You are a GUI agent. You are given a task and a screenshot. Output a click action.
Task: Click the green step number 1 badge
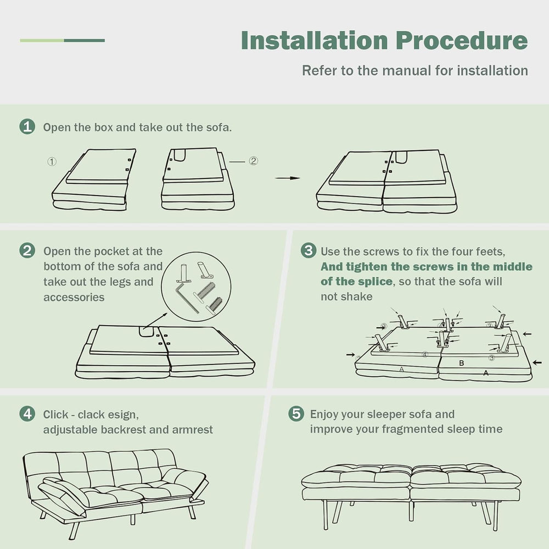tap(27, 127)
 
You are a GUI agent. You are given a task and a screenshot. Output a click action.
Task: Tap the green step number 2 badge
tap(27, 251)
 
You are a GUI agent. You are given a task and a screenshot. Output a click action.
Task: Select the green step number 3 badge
tap(309, 250)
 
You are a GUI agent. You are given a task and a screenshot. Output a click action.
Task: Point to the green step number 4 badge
tap(27, 414)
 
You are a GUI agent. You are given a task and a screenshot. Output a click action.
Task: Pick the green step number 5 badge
tap(296, 413)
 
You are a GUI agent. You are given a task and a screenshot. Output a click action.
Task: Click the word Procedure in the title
tap(462, 41)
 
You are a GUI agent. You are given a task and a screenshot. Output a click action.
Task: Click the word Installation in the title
tap(315, 41)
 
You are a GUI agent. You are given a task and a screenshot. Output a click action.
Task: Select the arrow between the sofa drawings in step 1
tap(288, 178)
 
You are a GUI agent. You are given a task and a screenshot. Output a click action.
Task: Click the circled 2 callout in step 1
tap(254, 161)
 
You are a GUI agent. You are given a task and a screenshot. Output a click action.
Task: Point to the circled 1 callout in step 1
tap(52, 161)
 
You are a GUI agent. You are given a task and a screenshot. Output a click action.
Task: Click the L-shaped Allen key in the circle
tap(186, 297)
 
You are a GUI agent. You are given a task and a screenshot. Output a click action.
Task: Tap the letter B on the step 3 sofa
tap(462, 363)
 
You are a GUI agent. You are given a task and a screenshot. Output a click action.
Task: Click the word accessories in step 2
tap(74, 297)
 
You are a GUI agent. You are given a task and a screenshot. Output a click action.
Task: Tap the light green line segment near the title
tap(42, 41)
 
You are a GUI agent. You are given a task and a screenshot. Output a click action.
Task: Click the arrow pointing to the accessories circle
tap(155, 321)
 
